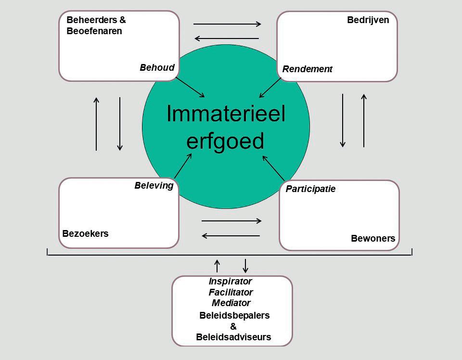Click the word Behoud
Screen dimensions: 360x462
point(157,67)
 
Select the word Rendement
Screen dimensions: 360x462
point(307,69)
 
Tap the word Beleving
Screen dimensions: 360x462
point(154,186)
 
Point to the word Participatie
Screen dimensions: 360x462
point(310,189)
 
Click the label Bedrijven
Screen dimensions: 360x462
point(368,21)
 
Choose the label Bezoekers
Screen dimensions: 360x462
point(86,233)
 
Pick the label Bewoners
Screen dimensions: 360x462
point(373,238)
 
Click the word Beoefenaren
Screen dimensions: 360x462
point(94,31)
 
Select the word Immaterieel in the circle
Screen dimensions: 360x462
point(226,114)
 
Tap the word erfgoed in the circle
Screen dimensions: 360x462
point(225,141)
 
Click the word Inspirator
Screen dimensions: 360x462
point(230,281)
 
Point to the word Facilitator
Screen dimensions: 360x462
point(231,292)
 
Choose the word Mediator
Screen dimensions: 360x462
point(231,303)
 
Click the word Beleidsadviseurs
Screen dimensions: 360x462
point(233,337)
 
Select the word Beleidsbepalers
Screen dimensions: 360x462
point(234,316)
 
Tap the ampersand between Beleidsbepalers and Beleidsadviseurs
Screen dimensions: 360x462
point(233,326)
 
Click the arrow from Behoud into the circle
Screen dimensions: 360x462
point(190,87)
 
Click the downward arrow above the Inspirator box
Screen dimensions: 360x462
point(245,266)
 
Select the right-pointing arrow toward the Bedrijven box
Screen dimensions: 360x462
point(227,24)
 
